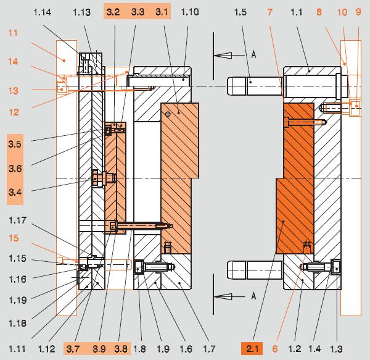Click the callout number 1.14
(42, 12)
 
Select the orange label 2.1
(252, 349)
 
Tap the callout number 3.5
(15, 144)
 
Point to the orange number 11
(13, 33)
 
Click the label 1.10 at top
(190, 12)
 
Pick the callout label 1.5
(240, 12)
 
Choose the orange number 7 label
(270, 12)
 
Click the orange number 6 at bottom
(275, 349)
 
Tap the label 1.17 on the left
(17, 220)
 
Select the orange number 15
(14, 238)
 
